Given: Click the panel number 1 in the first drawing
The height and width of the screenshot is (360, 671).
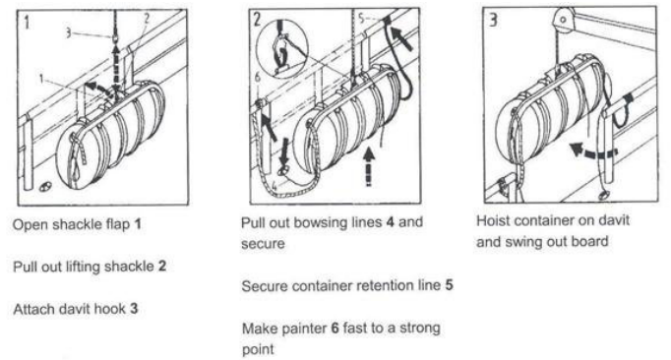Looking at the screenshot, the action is (x=27, y=23).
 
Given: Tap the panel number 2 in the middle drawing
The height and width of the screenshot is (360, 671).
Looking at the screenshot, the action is (x=257, y=20).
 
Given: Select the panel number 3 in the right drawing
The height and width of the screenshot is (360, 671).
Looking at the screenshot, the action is (x=493, y=20).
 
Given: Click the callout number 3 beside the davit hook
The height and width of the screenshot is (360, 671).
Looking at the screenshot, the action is (x=68, y=33).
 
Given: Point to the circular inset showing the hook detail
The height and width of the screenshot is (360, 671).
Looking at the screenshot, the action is (x=283, y=48).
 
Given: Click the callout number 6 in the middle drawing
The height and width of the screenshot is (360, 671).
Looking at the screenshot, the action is (x=257, y=77).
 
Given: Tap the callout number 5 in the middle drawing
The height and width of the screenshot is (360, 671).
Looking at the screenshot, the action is (x=361, y=19).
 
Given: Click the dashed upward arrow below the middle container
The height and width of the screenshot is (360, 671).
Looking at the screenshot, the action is (x=368, y=167).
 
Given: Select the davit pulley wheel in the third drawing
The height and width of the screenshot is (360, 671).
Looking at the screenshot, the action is (x=563, y=20).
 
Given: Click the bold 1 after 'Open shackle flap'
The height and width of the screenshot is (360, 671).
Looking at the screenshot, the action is (x=138, y=224).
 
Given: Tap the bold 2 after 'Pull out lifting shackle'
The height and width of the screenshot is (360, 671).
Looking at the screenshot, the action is (x=161, y=266).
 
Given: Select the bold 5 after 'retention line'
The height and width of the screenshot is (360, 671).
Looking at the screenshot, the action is (x=449, y=285).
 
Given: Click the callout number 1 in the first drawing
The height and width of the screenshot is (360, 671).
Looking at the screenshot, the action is (x=41, y=79).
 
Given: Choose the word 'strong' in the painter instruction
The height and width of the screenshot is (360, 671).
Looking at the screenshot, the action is (x=419, y=329).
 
